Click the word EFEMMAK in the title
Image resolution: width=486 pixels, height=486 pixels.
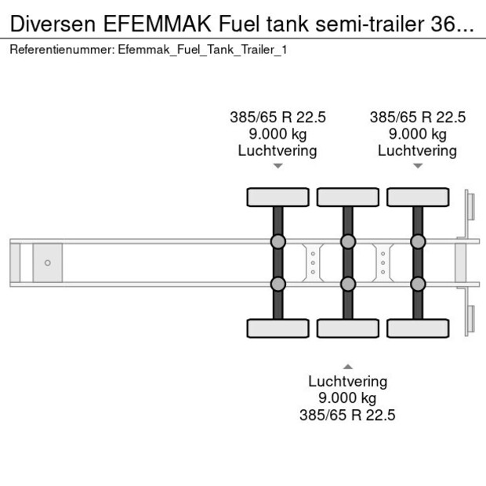coord(157,24)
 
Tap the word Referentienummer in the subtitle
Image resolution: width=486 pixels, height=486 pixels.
coord(60,50)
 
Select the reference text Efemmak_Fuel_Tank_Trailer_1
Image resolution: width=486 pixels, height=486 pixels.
coord(202,50)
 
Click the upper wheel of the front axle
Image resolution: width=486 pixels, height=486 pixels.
coord(278,197)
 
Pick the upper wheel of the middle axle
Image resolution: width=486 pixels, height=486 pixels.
coord(348,197)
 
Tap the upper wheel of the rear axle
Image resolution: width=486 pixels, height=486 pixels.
coord(418,197)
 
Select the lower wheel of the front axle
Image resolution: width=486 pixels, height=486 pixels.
coord(278,328)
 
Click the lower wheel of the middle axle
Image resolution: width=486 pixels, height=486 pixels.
coord(348,328)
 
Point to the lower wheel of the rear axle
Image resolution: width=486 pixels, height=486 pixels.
coord(418,328)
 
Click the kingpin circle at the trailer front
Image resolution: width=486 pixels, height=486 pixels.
coord(47,263)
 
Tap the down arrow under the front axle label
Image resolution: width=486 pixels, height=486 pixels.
coord(278,166)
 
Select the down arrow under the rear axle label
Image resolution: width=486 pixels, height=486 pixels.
coord(418,166)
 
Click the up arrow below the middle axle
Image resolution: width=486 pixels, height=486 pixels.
coord(348,367)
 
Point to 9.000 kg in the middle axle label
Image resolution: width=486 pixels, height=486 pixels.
coord(347,398)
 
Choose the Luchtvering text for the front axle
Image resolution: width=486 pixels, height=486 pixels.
coord(277,151)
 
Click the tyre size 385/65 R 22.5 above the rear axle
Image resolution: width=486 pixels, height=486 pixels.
coord(418,118)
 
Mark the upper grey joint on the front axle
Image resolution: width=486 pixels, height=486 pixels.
coord(278,241)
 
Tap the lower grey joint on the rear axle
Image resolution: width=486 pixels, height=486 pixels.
coord(418,284)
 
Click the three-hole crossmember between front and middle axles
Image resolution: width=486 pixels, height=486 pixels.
coord(313,263)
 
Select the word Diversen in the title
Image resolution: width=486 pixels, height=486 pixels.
coord(53,24)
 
